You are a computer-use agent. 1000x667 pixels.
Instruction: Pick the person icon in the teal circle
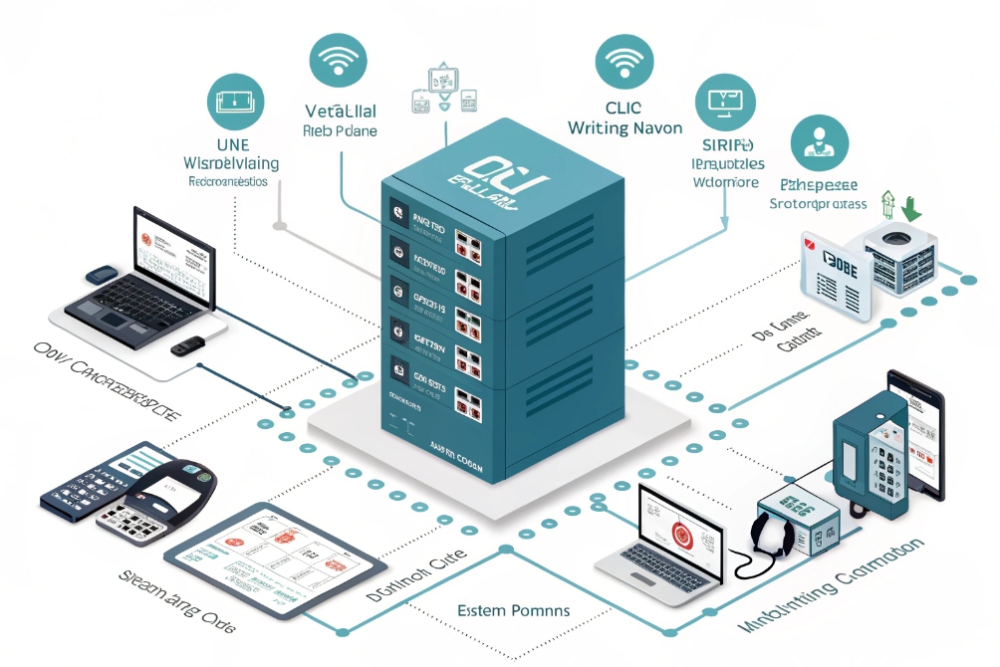[820, 143]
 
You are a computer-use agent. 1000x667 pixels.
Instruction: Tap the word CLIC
[624, 108]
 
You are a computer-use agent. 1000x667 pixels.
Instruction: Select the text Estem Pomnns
[512, 609]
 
